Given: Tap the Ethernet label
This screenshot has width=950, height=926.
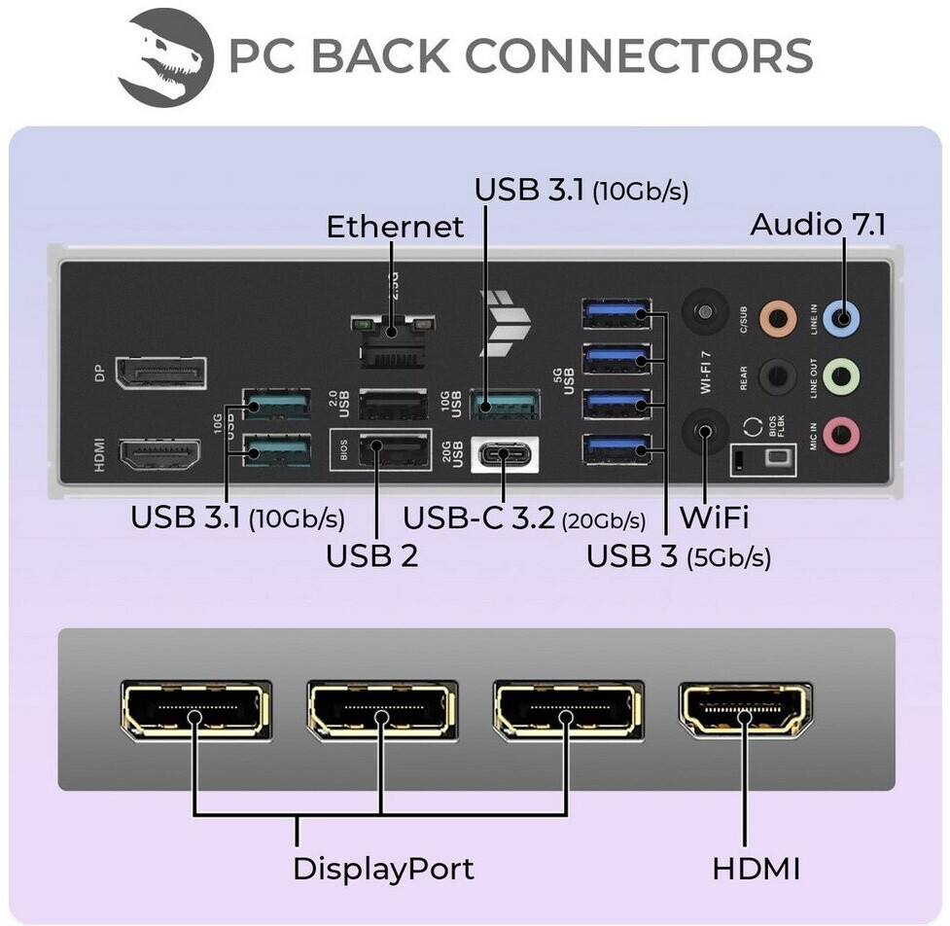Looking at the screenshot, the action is pos(395,227).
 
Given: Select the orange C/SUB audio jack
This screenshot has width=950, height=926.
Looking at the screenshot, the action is pos(777,316).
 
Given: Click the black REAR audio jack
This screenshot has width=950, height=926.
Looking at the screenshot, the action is pos(777,374).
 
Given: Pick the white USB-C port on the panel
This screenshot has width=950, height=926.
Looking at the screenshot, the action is pos(506,452).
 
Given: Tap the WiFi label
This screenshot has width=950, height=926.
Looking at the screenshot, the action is pos(714,516).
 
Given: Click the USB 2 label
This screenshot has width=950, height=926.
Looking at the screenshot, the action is pos(371,556).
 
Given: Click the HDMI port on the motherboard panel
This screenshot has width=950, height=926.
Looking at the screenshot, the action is pos(159,454).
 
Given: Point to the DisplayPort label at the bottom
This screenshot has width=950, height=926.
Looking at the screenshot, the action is pos(383,868).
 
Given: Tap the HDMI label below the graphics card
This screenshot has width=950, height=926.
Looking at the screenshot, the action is pos(756,868).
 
